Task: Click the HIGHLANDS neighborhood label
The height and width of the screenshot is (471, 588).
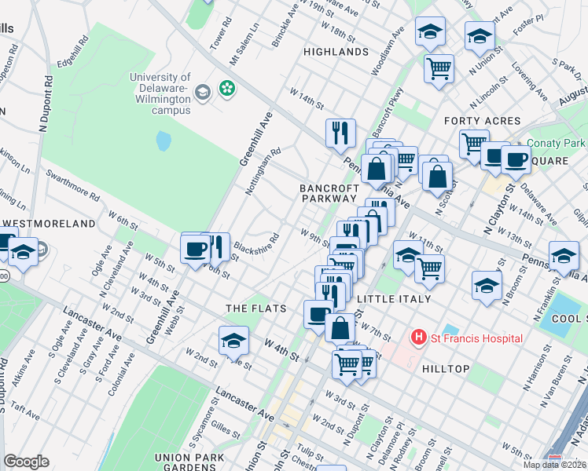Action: pos(336,52)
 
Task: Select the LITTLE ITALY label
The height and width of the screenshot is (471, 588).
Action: pos(394,299)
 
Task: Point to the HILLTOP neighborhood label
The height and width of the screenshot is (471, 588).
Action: pos(445,368)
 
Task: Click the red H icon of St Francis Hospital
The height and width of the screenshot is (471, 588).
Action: pos(419,338)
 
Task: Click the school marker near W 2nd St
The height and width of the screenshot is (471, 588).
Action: pos(233,340)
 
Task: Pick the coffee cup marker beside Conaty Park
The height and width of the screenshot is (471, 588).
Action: pos(515,159)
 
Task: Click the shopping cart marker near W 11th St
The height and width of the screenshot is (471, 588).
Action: pos(429,268)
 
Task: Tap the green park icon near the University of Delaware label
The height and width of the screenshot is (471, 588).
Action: pos(227,89)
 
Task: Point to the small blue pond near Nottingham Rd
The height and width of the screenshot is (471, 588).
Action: pos(164,141)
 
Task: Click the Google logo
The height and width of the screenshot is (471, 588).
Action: pos(26,462)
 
